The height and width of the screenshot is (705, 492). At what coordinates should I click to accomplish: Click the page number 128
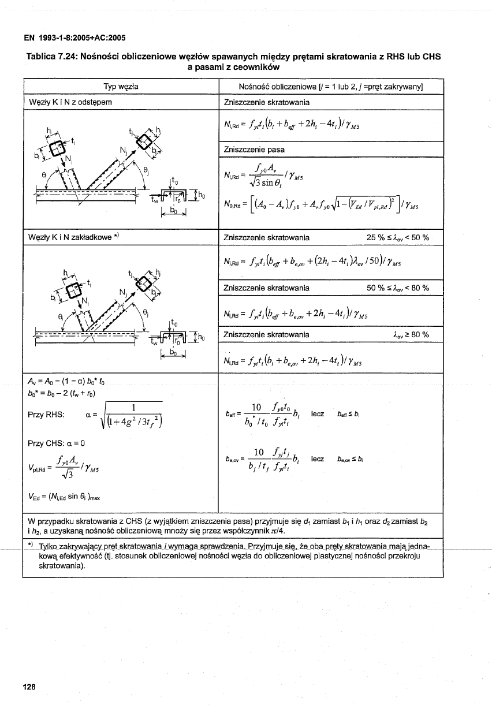pyautogui.click(x=29, y=687)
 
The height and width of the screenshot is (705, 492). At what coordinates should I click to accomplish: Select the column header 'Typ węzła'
pyautogui.click(x=121, y=87)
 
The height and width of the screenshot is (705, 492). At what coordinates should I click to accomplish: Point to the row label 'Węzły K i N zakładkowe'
pyautogui.click(x=66, y=237)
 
